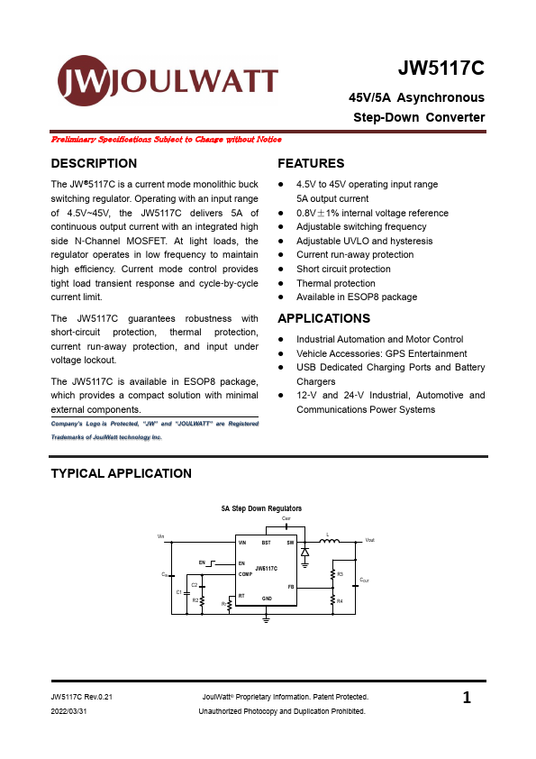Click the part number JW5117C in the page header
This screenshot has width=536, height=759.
pyautogui.click(x=441, y=69)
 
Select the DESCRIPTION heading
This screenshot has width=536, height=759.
pyautogui.click(x=94, y=163)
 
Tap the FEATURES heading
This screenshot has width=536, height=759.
pyautogui.click(x=311, y=163)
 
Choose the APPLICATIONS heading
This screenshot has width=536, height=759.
pyautogui.click(x=323, y=318)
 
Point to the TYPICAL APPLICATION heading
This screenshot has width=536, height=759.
pyautogui.click(x=121, y=473)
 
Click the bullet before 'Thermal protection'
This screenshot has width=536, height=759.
pyautogui.click(x=282, y=283)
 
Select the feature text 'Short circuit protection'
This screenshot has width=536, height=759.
pyautogui.click(x=343, y=269)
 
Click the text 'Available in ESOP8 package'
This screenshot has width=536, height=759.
pyautogui.click(x=357, y=297)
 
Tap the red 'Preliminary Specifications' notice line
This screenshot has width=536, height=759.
pyautogui.click(x=167, y=140)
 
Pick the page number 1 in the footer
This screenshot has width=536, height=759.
pyautogui.click(x=467, y=698)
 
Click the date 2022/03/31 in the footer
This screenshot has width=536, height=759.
pyautogui.click(x=70, y=711)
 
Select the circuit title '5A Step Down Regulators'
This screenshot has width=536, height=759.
pyautogui.click(x=262, y=508)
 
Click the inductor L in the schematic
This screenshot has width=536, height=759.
pyautogui.click(x=329, y=542)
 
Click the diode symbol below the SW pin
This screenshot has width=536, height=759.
pyautogui.click(x=305, y=551)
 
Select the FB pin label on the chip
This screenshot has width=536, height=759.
pyautogui.click(x=291, y=586)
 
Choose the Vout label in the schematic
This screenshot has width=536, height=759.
pyautogui.click(x=369, y=540)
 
